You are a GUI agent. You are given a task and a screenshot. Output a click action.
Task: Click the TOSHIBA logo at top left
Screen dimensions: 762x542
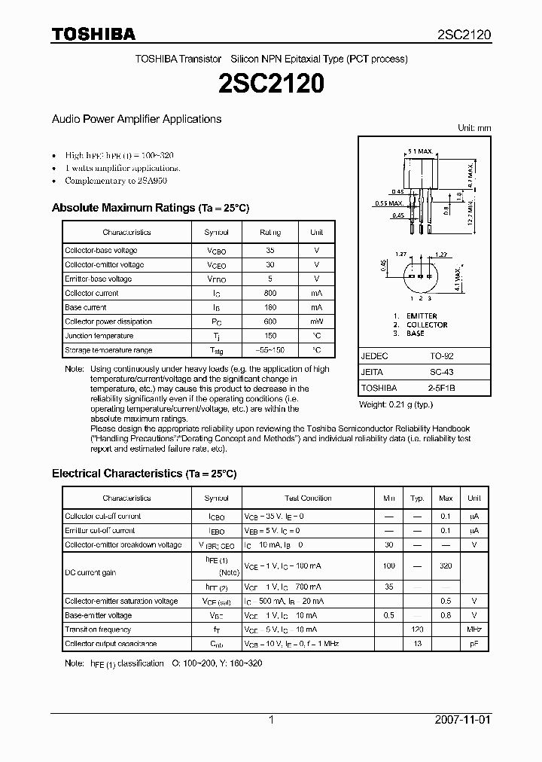[93, 35]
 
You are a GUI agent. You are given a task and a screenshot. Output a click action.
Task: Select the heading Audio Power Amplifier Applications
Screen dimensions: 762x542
[136, 119]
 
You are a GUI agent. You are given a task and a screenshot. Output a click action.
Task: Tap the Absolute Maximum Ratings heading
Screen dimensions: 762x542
[150, 208]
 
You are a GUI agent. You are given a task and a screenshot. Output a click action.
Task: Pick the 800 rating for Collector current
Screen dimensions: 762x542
[270, 293]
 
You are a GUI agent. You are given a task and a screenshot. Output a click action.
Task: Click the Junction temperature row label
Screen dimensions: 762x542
[99, 336]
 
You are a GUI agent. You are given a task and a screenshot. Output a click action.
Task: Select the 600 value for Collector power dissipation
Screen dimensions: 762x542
[270, 322]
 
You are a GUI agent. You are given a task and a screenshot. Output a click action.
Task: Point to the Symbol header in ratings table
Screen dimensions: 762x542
[216, 233]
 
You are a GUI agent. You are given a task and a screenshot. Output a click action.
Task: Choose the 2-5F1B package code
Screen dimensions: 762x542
[441, 388]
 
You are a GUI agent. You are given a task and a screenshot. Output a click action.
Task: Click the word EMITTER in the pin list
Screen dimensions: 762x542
[421, 316]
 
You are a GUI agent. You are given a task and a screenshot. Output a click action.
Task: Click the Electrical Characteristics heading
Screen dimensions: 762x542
[144, 474]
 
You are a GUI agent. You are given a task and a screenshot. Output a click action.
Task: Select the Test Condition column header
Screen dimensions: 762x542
[308, 498]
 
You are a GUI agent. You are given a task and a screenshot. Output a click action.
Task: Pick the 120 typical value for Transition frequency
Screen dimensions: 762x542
[417, 629]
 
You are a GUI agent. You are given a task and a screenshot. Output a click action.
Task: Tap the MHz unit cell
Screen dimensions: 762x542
[473, 629]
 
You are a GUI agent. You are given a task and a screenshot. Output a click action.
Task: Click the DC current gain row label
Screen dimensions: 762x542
[90, 573]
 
